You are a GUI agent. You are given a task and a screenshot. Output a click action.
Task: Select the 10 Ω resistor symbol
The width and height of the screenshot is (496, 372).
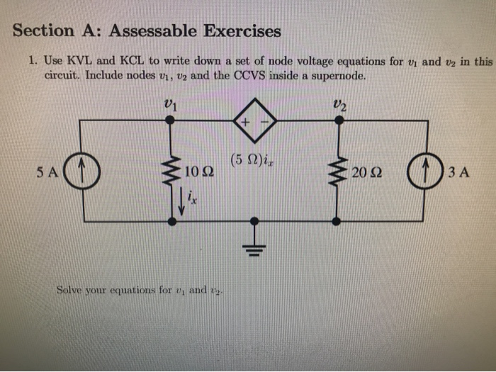click(170, 170)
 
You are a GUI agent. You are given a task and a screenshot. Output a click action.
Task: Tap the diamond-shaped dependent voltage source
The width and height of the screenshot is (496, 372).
click(253, 121)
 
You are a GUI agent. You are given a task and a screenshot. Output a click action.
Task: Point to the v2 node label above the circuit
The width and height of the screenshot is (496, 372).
click(339, 102)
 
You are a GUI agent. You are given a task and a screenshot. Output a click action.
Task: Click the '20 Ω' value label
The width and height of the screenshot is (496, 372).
click(367, 171)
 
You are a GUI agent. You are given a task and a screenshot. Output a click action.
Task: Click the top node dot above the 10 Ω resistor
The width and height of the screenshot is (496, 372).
click(170, 120)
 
